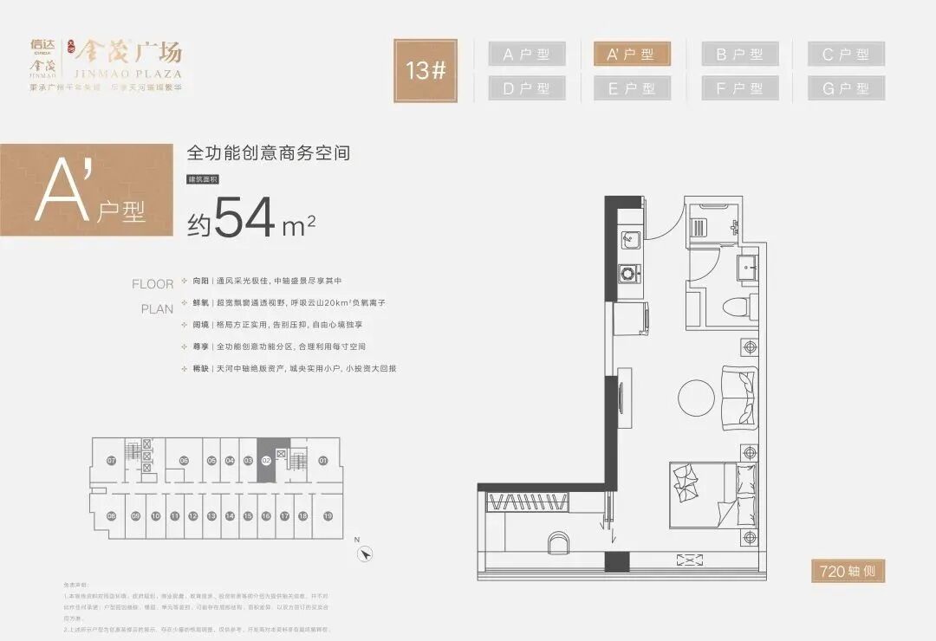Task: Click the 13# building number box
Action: click(426, 70)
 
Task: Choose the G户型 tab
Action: click(846, 88)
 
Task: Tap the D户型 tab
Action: click(526, 88)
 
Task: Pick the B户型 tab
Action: click(738, 55)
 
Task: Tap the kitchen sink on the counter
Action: click(630, 240)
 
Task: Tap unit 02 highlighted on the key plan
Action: click(266, 461)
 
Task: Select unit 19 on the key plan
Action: click(328, 516)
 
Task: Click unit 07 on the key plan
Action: click(111, 461)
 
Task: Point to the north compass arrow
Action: click(367, 554)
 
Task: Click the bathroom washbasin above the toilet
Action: click(748, 267)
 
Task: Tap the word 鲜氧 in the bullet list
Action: click(200, 304)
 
